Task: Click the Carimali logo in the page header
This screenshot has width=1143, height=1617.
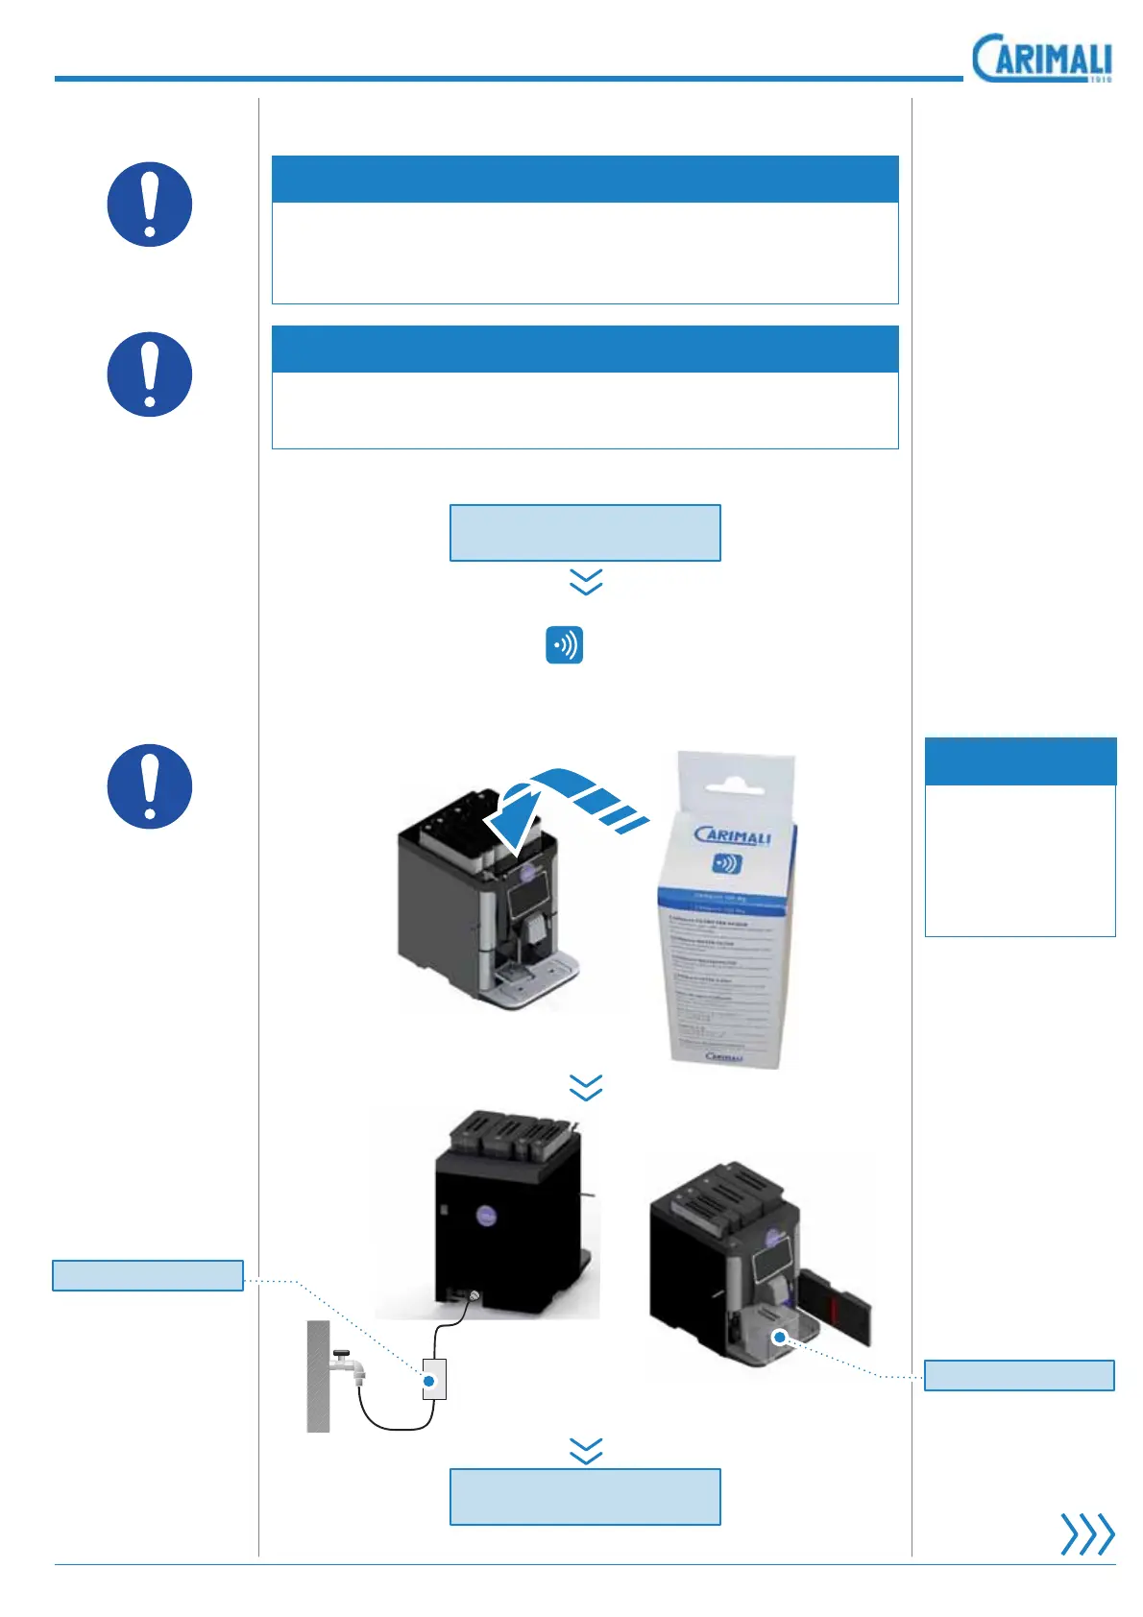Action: pos(1041,60)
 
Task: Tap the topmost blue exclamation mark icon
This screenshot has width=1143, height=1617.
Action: pos(149,205)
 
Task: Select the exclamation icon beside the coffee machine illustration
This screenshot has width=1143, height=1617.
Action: pos(149,786)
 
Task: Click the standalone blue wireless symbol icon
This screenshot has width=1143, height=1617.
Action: pos(564,645)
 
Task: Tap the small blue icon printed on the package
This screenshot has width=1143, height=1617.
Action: pos(726,862)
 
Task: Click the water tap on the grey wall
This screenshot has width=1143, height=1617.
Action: pos(345,1364)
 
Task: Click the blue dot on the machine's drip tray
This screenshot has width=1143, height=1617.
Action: pos(781,1336)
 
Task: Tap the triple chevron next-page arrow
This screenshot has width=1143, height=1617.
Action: pos(1086,1533)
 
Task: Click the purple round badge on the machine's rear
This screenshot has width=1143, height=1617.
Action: pos(487,1217)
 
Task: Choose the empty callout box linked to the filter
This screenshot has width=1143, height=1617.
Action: pos(147,1275)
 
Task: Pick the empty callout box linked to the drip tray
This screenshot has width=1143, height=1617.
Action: pos(1018,1375)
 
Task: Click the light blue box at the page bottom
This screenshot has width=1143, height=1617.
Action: pos(585,1496)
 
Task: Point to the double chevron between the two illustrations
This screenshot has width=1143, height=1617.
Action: pos(586,1087)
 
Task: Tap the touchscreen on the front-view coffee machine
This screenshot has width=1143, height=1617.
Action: pos(525,898)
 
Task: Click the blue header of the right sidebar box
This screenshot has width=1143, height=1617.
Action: pos(1020,760)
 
